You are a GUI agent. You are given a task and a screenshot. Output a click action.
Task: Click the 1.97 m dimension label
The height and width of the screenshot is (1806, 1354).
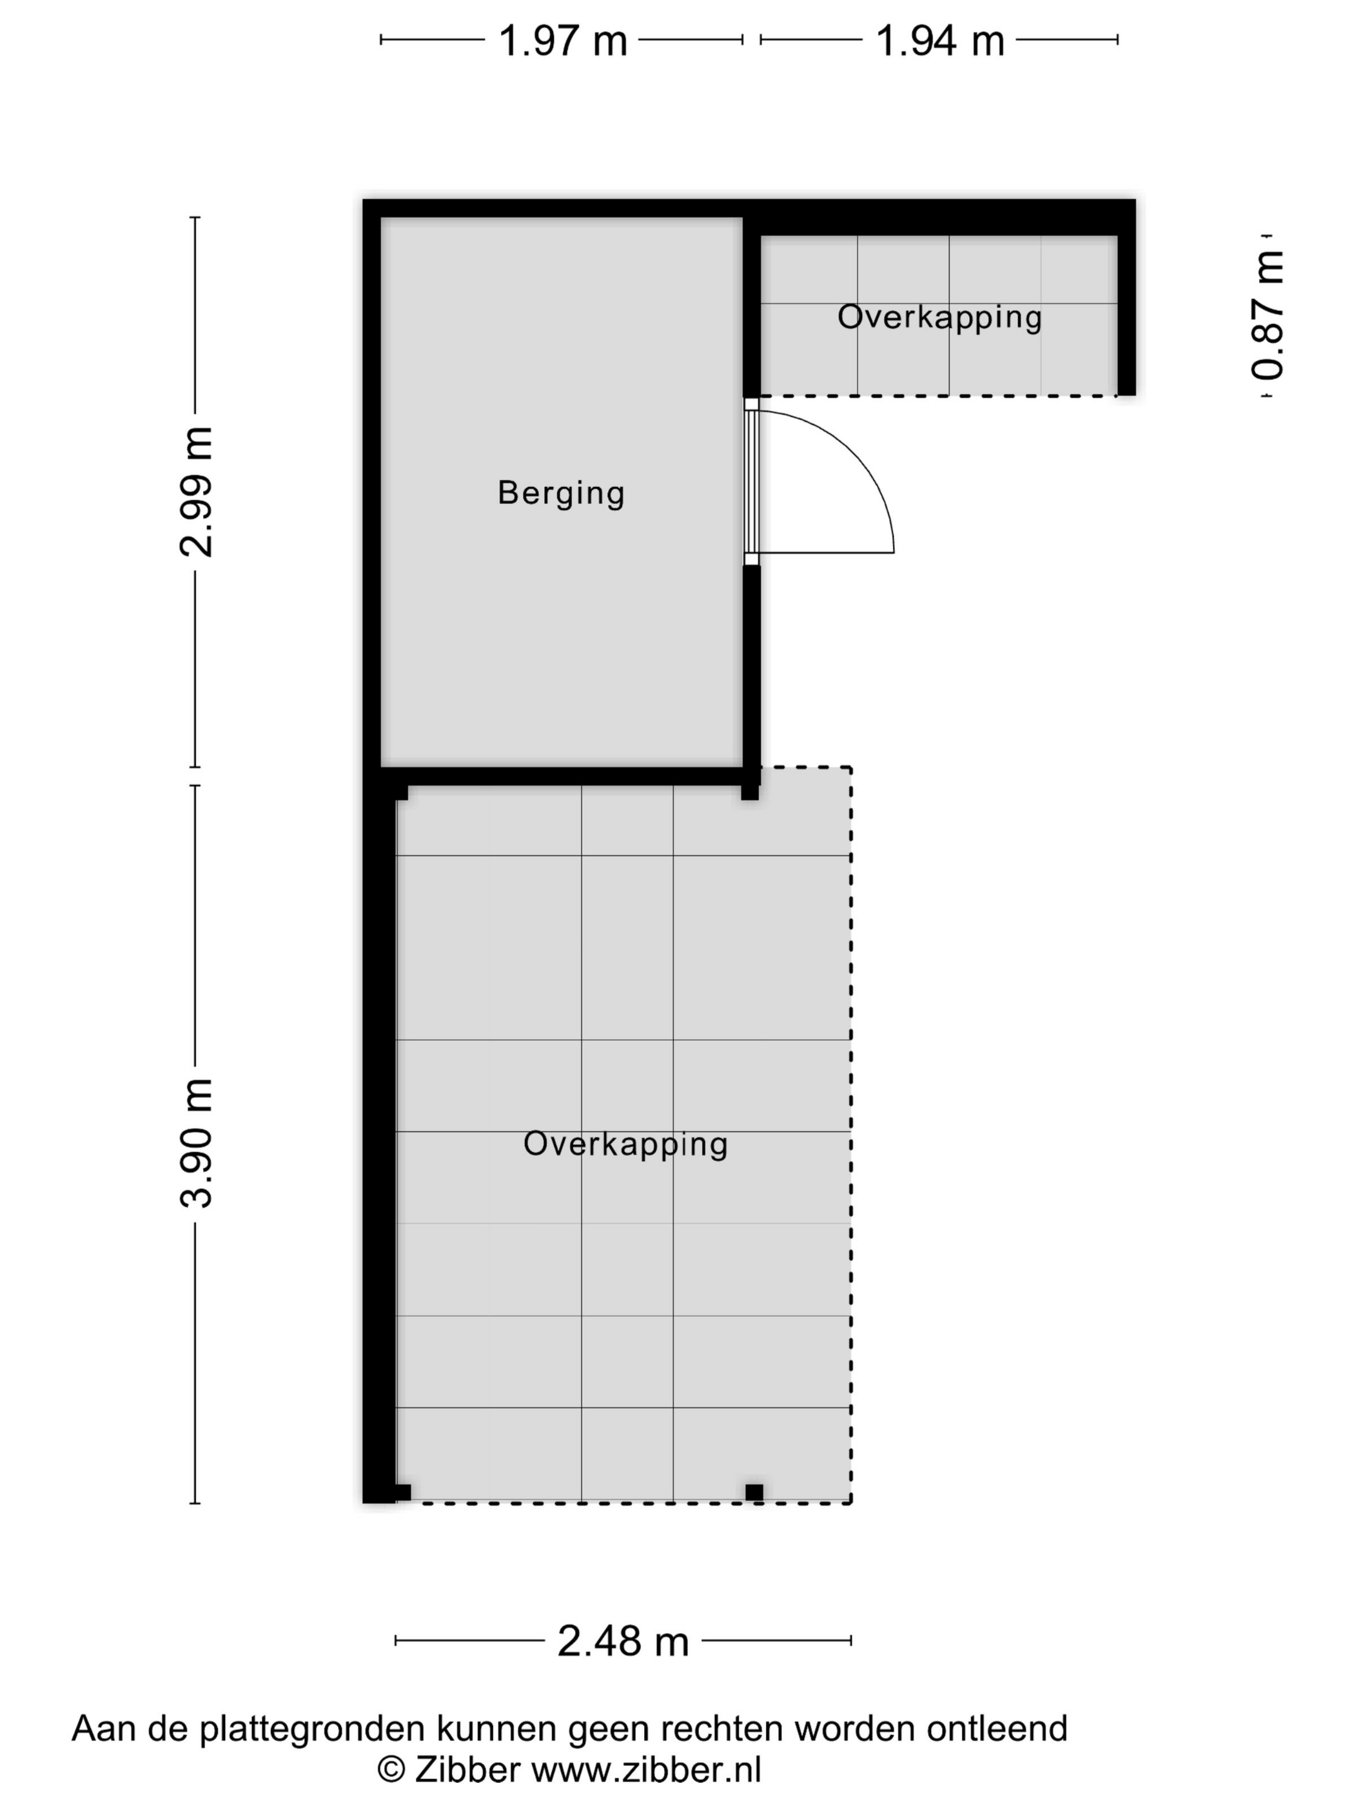(x=562, y=40)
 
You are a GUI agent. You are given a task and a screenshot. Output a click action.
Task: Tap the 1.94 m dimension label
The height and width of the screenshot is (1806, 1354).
(x=939, y=40)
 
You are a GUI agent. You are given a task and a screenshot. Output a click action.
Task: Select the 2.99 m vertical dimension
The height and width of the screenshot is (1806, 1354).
(x=196, y=491)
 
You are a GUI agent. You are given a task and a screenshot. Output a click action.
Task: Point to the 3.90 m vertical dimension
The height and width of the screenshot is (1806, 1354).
(x=196, y=1142)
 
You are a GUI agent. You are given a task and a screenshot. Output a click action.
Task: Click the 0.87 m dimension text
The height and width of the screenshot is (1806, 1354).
(x=1268, y=315)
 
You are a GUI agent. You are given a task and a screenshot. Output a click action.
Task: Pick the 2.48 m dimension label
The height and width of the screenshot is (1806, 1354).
(x=623, y=1641)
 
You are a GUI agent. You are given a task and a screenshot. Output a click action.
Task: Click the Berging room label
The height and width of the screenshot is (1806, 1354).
(x=562, y=493)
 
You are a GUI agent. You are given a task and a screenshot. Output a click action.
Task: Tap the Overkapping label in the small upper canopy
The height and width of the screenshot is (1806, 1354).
(x=939, y=317)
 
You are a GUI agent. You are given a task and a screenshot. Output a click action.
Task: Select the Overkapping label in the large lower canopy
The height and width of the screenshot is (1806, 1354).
(x=625, y=1144)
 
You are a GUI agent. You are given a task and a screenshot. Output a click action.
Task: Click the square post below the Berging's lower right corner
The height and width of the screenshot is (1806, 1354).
(x=749, y=791)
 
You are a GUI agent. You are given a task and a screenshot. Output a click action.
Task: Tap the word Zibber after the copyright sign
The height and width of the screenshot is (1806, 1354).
(x=467, y=1769)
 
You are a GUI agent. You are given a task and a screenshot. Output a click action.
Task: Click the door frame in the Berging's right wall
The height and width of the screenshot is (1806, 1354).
(x=752, y=482)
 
